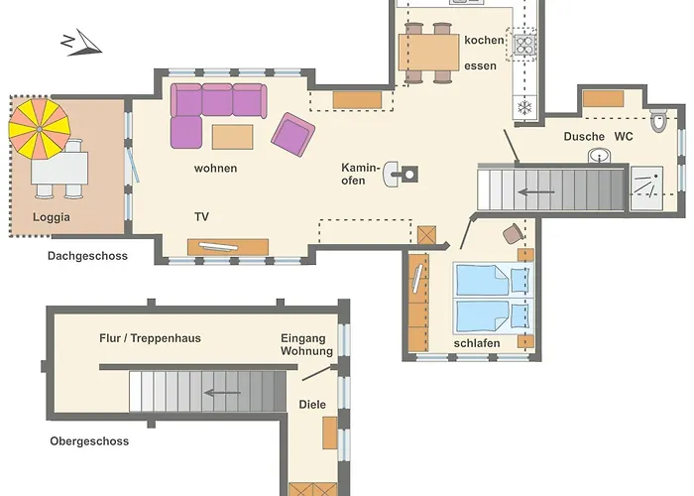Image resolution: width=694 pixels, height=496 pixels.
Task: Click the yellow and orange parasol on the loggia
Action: click(40, 129)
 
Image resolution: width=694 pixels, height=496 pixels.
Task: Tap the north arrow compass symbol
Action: click(81, 43)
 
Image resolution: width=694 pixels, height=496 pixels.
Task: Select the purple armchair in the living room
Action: click(293, 135)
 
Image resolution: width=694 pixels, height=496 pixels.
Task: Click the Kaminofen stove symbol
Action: click(401, 174)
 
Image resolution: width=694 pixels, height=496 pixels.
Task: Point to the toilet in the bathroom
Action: click(658, 119)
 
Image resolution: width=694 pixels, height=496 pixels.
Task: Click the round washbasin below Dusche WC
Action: click(600, 156)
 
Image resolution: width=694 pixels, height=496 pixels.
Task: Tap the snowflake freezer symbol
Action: click(524, 107)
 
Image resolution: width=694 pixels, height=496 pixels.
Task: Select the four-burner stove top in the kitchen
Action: click(524, 45)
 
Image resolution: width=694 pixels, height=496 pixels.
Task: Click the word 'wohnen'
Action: click(215, 169)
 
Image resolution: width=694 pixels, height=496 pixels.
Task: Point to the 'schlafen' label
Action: click(477, 343)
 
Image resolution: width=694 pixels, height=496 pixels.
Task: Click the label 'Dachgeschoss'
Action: click(87, 256)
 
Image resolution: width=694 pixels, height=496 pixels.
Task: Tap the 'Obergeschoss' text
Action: click(89, 441)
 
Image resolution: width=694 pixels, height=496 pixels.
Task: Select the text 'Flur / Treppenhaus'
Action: click(150, 338)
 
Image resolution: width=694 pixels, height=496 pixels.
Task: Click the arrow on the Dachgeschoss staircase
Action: click(536, 191)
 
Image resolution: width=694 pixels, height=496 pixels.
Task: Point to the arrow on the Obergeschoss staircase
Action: click(222, 393)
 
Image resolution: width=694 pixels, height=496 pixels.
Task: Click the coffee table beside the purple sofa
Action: click(232, 137)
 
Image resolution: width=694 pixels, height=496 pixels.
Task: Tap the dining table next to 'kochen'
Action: click(429, 53)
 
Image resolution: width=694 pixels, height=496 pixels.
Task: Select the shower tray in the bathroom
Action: click(646, 188)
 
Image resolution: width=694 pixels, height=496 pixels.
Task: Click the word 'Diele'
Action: click(312, 405)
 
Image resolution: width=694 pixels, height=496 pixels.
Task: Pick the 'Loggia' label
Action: click(52, 217)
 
